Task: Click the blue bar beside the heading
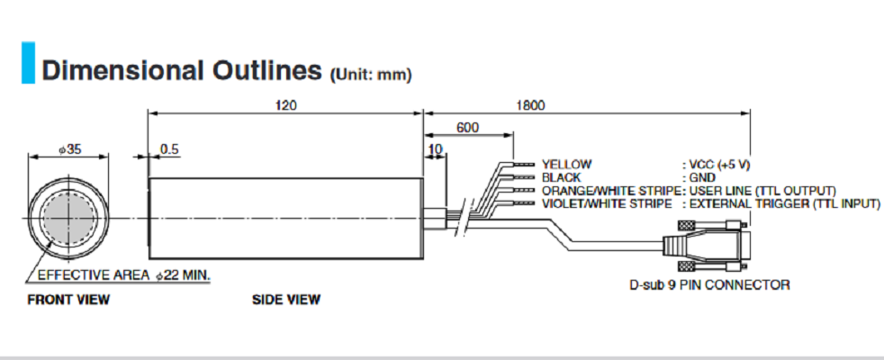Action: [27, 62]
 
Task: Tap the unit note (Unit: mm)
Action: [371, 75]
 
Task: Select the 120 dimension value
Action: [284, 105]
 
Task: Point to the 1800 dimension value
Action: [532, 105]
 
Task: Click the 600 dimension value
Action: [467, 128]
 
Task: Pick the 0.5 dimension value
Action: [168, 148]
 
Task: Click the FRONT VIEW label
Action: [68, 300]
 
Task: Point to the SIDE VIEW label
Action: [285, 300]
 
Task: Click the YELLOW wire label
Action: [566, 165]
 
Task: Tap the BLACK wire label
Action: [562, 178]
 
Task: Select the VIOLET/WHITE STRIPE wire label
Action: [608, 204]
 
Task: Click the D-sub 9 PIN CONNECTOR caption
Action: [709, 285]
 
